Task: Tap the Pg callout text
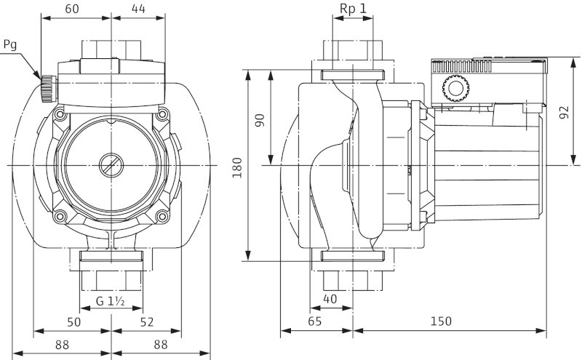tap(10, 44)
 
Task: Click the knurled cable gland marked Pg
tap(48, 89)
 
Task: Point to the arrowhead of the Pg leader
tap(40, 78)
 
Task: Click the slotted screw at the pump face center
tap(110, 164)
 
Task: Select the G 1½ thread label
tap(111, 301)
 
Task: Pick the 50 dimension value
tap(73, 321)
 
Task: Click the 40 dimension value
tap(331, 299)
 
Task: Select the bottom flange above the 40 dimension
tap(352, 256)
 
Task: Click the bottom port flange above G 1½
tap(111, 256)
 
